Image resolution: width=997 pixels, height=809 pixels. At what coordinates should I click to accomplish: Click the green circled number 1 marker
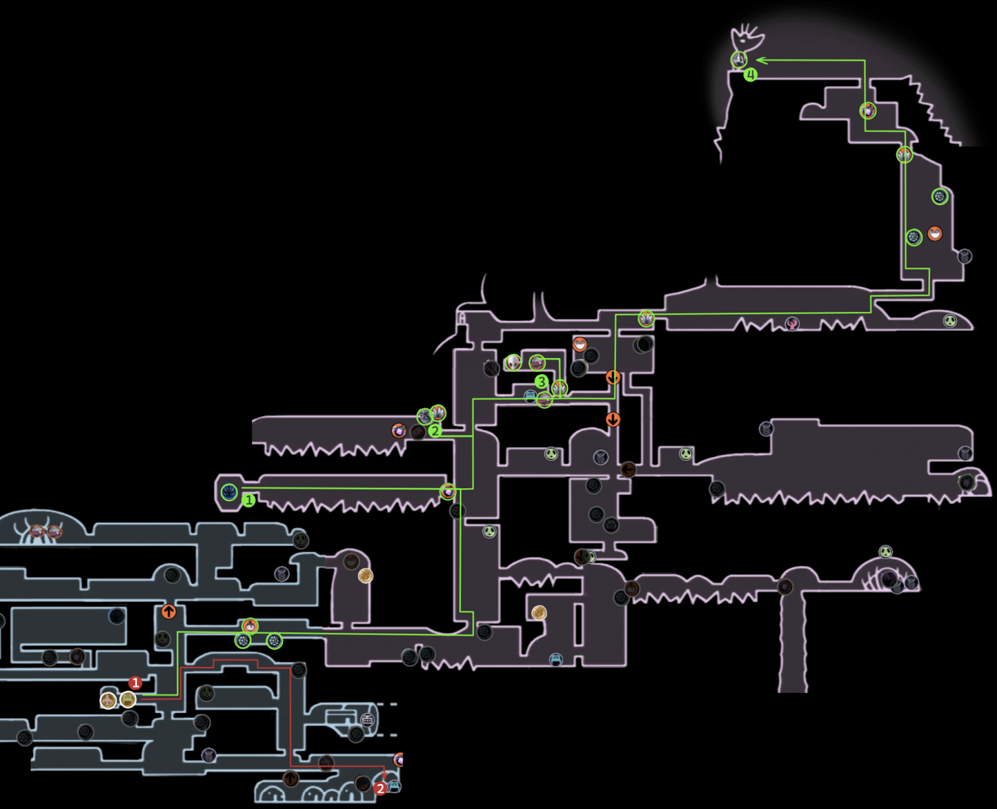click(x=249, y=500)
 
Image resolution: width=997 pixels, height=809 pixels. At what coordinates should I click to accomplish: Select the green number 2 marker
click(x=435, y=430)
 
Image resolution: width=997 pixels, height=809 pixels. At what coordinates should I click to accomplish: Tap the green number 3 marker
click(x=541, y=381)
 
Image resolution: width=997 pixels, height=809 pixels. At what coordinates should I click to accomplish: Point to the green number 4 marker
click(x=751, y=75)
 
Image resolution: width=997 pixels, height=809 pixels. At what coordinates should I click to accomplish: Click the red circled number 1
click(x=135, y=683)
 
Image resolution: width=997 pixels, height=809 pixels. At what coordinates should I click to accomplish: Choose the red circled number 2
click(x=380, y=789)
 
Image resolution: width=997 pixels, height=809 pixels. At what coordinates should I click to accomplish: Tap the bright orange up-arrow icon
click(x=168, y=611)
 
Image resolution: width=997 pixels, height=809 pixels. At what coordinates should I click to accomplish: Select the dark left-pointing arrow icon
click(x=628, y=469)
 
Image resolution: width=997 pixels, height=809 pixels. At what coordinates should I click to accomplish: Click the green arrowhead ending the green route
click(x=760, y=60)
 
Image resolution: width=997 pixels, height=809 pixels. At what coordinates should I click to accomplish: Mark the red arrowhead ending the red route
click(x=384, y=775)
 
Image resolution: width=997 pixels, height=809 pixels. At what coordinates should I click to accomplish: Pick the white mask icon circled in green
click(x=513, y=362)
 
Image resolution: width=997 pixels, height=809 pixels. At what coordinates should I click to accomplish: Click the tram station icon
click(x=367, y=720)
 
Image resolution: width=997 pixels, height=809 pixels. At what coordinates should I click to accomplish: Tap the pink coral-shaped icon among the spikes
click(x=792, y=323)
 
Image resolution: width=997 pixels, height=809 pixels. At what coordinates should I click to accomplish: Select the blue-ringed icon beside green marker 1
click(x=229, y=492)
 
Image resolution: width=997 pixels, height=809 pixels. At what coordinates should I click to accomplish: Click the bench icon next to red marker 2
click(x=394, y=787)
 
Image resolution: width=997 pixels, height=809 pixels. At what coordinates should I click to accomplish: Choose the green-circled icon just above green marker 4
click(x=739, y=59)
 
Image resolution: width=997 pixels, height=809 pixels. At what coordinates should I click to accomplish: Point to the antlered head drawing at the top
click(x=748, y=37)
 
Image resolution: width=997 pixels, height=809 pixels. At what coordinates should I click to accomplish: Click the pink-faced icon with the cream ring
click(x=108, y=700)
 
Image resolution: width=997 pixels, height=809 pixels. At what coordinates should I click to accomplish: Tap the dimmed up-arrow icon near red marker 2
click(x=290, y=778)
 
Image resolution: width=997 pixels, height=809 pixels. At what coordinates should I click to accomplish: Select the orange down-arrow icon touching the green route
click(x=613, y=378)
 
